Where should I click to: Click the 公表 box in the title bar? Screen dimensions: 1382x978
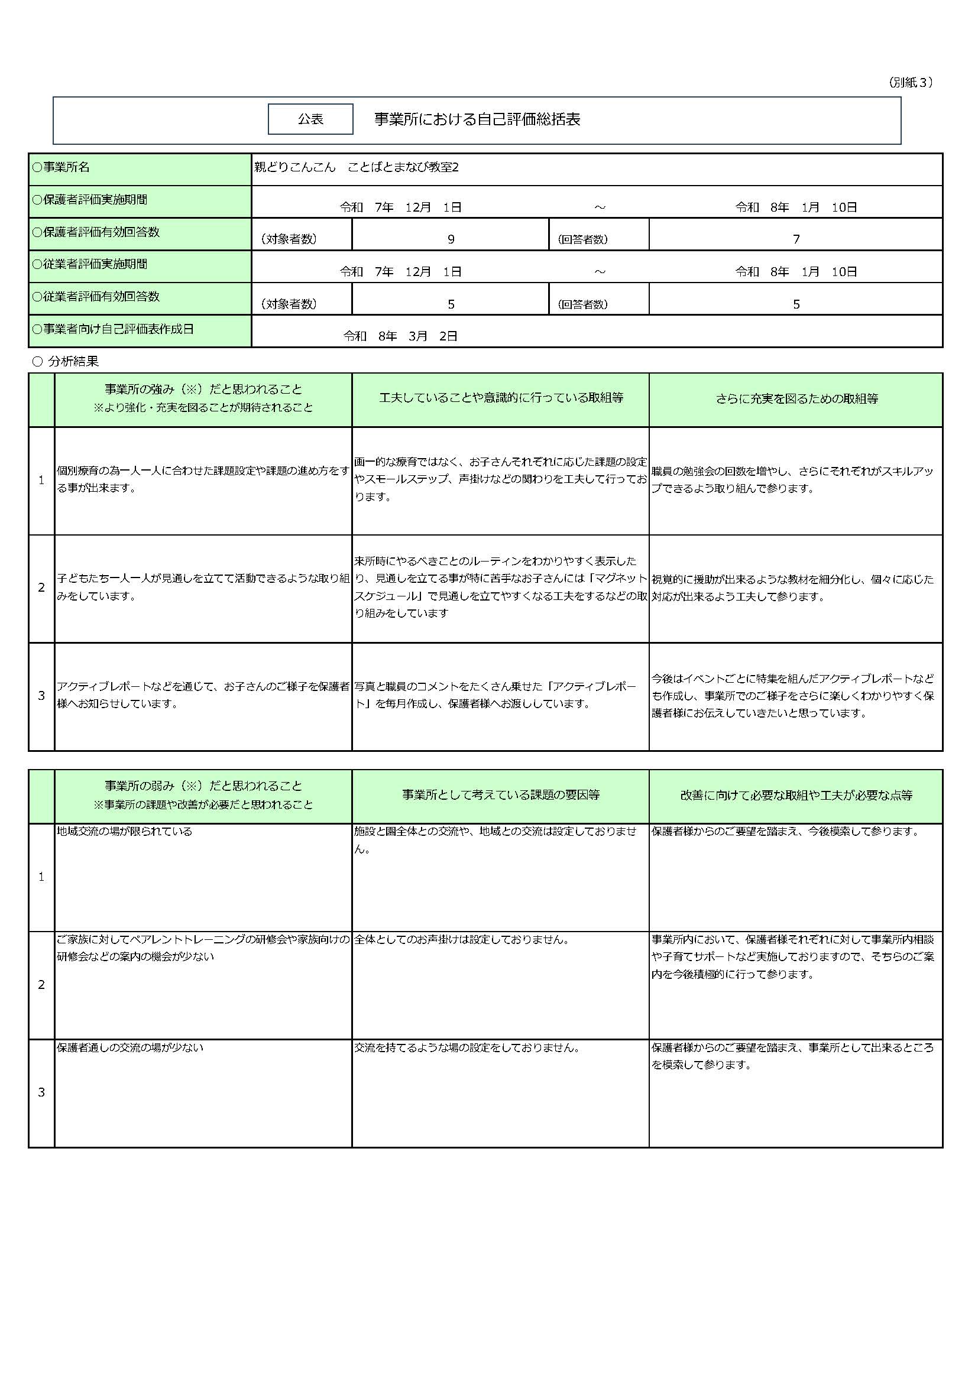point(310,119)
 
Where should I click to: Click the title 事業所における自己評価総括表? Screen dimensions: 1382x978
point(477,119)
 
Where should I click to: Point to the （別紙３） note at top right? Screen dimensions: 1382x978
point(911,83)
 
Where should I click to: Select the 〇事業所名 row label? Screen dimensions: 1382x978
point(61,167)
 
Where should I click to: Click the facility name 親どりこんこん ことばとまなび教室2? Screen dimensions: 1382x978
point(356,167)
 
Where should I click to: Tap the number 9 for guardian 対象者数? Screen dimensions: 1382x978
point(451,239)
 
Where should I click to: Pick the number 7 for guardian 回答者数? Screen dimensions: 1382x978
point(795,239)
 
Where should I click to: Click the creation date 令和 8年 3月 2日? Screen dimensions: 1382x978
point(400,336)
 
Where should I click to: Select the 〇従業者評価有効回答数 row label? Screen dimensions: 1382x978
point(96,297)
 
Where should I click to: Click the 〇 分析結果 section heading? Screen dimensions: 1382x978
point(66,361)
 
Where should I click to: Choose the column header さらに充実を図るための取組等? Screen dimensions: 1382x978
point(796,398)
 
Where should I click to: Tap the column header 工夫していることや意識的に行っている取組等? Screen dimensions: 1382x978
point(500,398)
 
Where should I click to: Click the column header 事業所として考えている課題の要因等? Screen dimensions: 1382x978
point(500,795)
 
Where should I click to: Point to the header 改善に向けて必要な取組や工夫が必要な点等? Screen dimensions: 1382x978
point(796,795)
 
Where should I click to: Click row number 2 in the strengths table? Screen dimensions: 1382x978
point(41,588)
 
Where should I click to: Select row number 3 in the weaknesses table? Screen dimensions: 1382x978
point(41,1092)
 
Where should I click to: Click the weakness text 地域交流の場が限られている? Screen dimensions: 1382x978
point(125,831)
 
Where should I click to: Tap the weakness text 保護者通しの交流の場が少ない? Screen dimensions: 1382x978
point(130,1048)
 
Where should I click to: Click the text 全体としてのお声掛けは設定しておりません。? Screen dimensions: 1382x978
point(462,940)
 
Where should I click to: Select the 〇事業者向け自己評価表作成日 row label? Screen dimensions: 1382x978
point(112,329)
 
